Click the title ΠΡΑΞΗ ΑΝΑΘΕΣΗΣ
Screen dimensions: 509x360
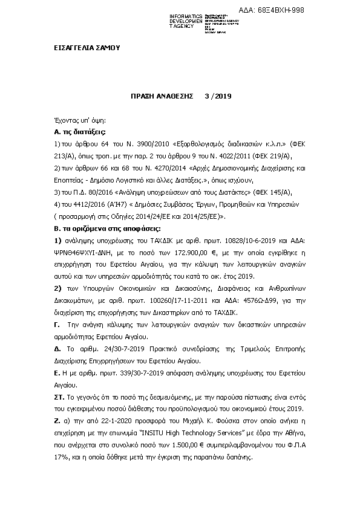click(x=161, y=96)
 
